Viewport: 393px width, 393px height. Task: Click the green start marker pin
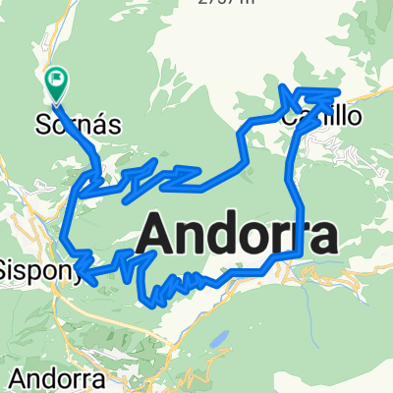coord(57,84)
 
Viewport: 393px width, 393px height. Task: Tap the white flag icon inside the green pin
coord(57,78)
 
